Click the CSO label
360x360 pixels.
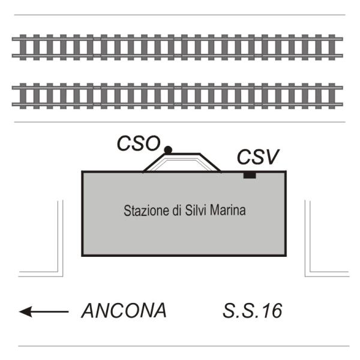pos(139,143)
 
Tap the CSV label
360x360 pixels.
pos(258,157)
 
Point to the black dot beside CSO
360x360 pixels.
pos(168,150)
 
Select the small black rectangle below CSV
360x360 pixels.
pos(250,175)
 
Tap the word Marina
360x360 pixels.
pos(228,210)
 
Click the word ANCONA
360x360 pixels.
pos(124,310)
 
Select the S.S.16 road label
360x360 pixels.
pos(253,311)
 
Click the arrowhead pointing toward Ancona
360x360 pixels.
pos(25,311)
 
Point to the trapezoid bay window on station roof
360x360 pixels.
pos(182,163)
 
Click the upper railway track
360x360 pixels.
pos(177,47)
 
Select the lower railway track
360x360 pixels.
pos(177,96)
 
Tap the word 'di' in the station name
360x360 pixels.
pos(177,210)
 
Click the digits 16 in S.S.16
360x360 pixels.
pos(273,311)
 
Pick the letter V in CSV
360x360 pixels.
pos(272,157)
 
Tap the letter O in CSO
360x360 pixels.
pos(152,143)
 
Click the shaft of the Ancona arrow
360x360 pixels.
pos(50,311)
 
